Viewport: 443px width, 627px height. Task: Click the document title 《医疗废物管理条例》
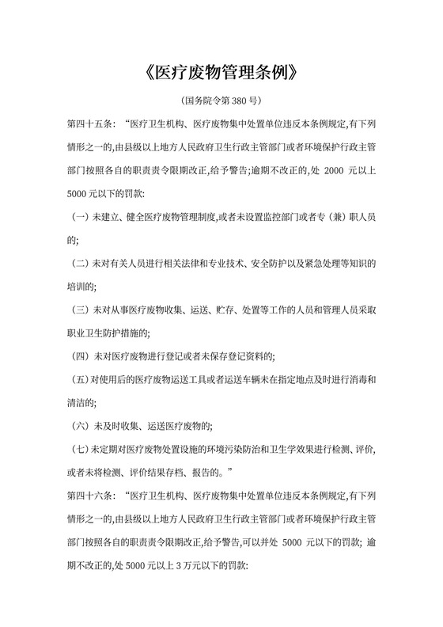(221, 74)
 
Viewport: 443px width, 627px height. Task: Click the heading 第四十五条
(91, 125)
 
